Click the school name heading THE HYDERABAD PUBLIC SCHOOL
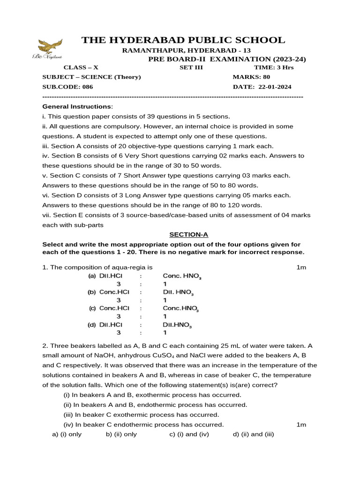tap(183, 40)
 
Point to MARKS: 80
tap(251, 77)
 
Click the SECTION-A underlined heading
tap(188, 234)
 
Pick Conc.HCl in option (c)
tap(114, 308)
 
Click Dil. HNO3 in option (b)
tap(178, 292)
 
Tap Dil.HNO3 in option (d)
tap(177, 324)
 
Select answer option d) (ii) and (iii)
tap(253, 434)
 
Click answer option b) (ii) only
tap(121, 434)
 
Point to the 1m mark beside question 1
tap(301, 267)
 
